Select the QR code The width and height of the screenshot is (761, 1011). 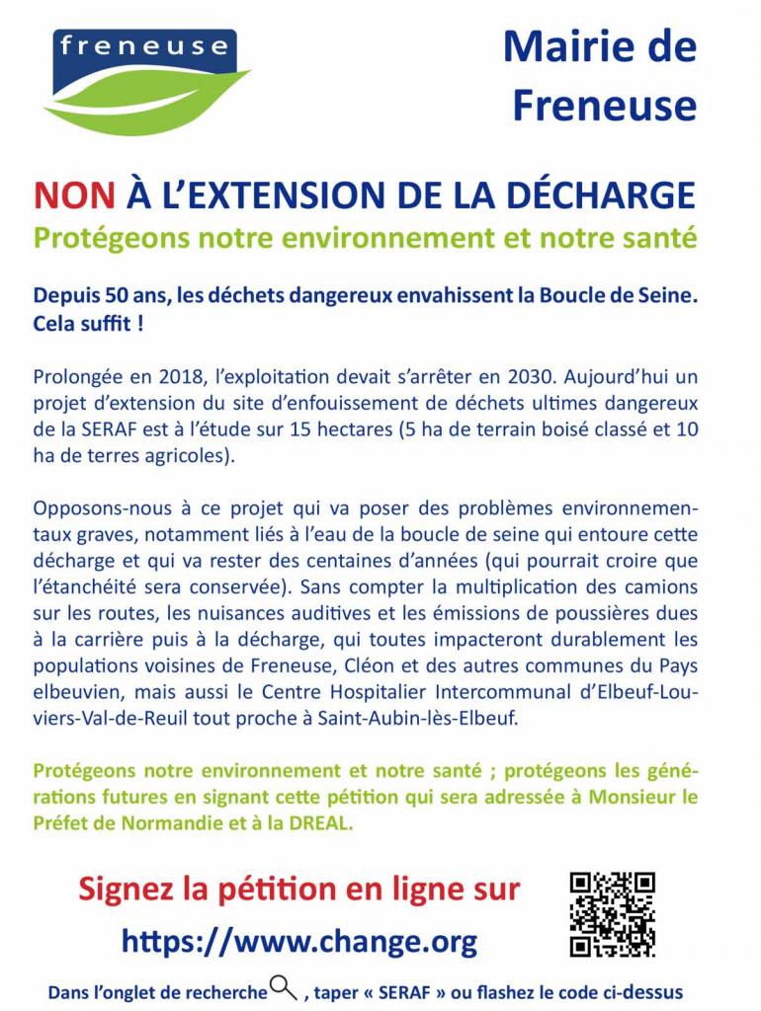[x=613, y=914]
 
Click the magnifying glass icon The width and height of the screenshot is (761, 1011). [x=284, y=987]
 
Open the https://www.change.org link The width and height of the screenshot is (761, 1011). [x=299, y=940]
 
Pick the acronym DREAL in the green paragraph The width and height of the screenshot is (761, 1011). [x=318, y=823]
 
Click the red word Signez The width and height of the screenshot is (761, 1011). [x=126, y=888]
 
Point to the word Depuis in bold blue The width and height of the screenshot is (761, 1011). [x=64, y=295]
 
